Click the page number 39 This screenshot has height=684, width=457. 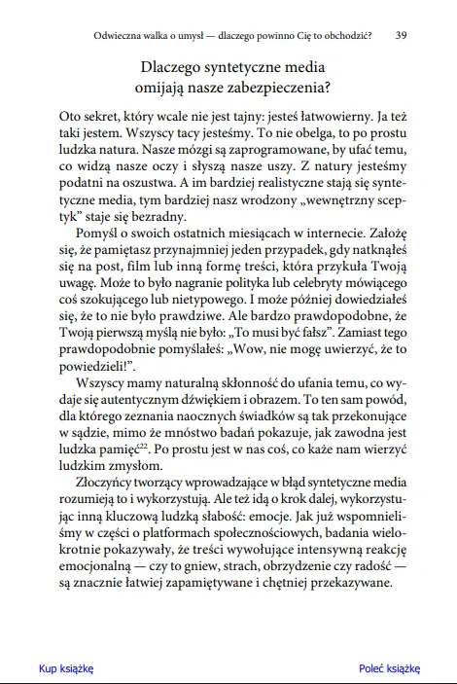[403, 35]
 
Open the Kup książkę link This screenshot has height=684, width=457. [65, 668]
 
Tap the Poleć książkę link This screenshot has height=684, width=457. [389, 668]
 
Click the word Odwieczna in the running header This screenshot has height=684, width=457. [123, 35]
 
